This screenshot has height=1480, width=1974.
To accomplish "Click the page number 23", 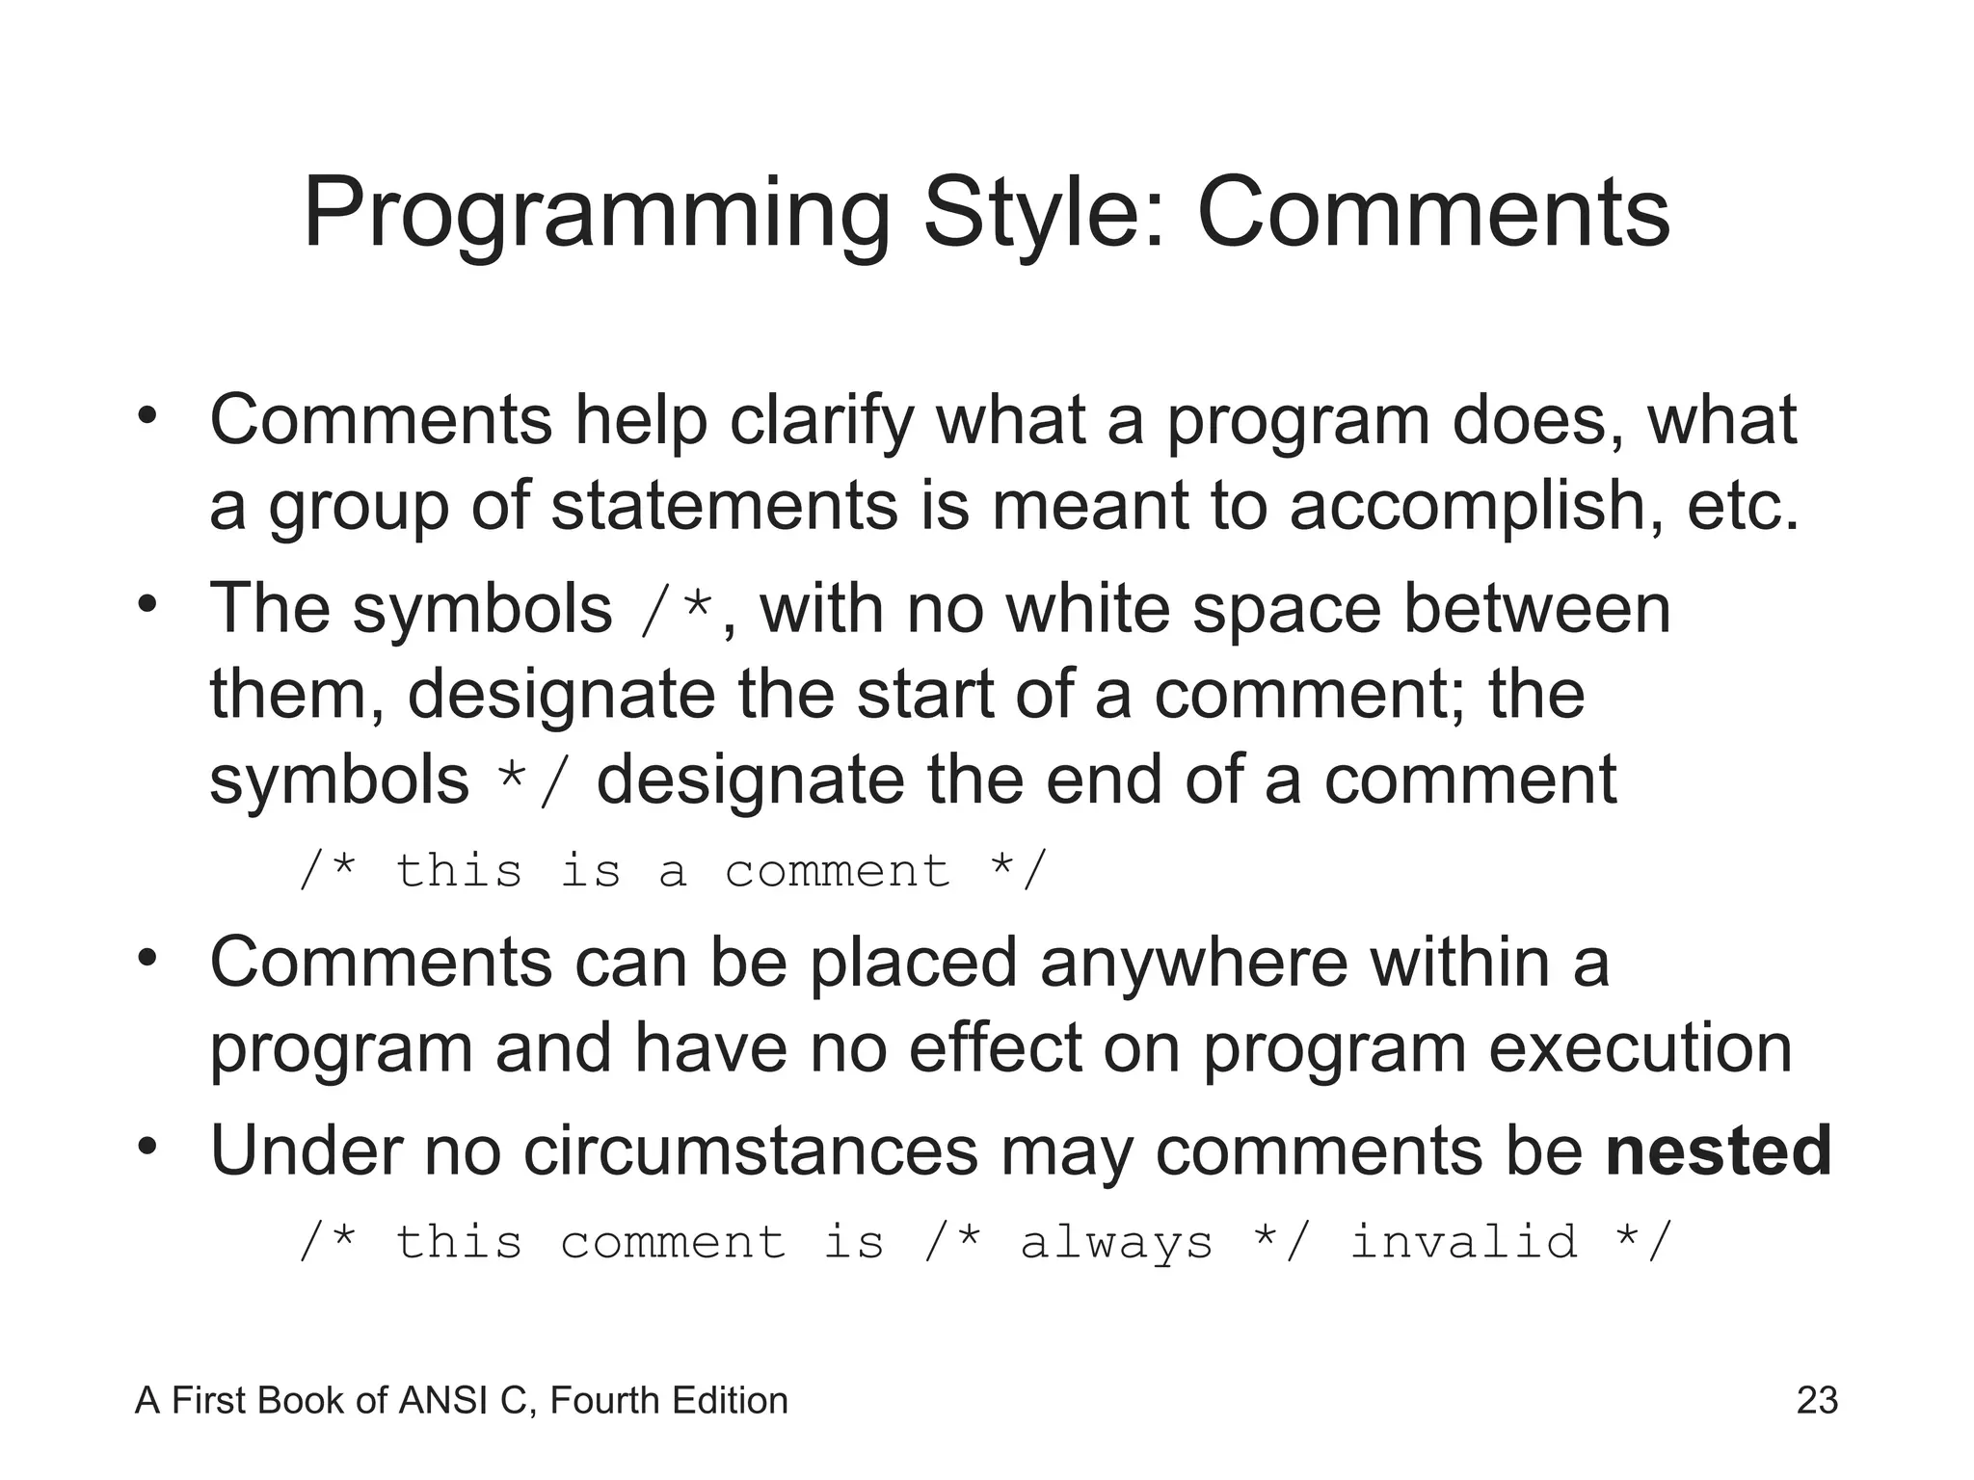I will pyautogui.click(x=1817, y=1400).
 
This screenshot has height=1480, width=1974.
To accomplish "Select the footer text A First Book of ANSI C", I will pyautogui.click(x=333, y=1400).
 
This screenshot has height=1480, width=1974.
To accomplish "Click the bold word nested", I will pyautogui.click(x=1719, y=1150).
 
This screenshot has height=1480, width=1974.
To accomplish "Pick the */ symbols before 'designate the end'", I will pyautogui.click(x=532, y=781).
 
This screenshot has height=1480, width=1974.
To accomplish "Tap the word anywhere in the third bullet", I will pyautogui.click(x=1193, y=963).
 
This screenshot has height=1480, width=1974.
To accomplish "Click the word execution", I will pyautogui.click(x=1641, y=1048).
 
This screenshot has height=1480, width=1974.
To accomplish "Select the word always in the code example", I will pyautogui.click(x=1116, y=1242).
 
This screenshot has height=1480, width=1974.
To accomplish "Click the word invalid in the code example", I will pyautogui.click(x=1463, y=1240).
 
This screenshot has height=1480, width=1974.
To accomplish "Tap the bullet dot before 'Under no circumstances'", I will pyautogui.click(x=147, y=1147).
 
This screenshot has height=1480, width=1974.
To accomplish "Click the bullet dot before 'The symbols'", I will pyautogui.click(x=147, y=605).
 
